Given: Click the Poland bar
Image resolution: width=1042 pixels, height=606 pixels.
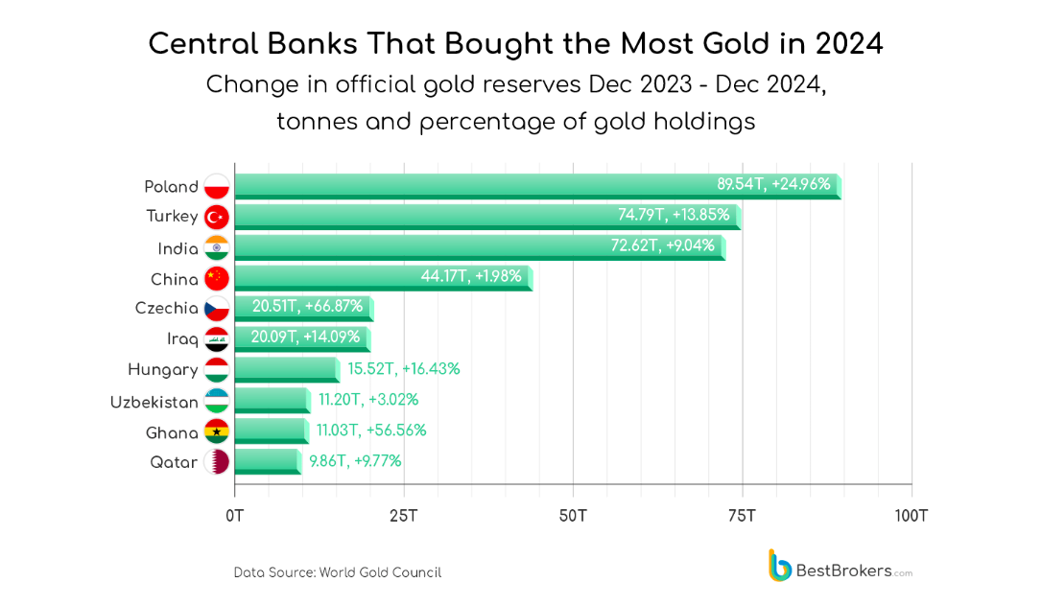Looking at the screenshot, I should (x=537, y=186).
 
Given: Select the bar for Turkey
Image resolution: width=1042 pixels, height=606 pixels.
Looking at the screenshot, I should (x=487, y=217).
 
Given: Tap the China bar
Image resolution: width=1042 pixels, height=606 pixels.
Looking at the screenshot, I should (x=383, y=278).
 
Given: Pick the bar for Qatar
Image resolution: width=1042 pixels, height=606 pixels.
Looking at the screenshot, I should (x=268, y=461).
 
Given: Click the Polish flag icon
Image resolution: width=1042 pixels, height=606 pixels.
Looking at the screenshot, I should (x=216, y=187).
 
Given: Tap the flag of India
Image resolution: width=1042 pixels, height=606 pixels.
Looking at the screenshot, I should (x=216, y=248).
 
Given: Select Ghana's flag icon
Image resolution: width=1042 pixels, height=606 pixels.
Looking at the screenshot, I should (x=216, y=431).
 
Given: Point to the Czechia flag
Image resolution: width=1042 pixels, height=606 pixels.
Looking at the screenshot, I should (x=216, y=309).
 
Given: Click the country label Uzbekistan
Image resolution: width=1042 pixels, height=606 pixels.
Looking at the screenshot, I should (x=154, y=402).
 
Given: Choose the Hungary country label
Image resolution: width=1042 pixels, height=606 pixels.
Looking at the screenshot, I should (x=163, y=370).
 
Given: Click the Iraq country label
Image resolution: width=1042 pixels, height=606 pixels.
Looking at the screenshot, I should (x=182, y=339).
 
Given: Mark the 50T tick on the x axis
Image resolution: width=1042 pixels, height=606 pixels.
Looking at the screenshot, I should (x=573, y=516).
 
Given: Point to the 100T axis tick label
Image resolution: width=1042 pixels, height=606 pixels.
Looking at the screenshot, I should (x=911, y=516).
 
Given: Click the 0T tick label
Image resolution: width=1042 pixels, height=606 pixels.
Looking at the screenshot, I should (x=235, y=516).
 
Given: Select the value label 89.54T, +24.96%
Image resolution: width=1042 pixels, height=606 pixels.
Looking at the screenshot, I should (x=773, y=184).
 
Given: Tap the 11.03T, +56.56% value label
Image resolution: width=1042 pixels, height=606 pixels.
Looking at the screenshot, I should (x=371, y=431).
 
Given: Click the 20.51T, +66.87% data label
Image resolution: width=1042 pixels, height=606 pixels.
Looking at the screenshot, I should (x=307, y=307).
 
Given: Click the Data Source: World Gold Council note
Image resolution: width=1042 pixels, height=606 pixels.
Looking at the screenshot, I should (x=338, y=572).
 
